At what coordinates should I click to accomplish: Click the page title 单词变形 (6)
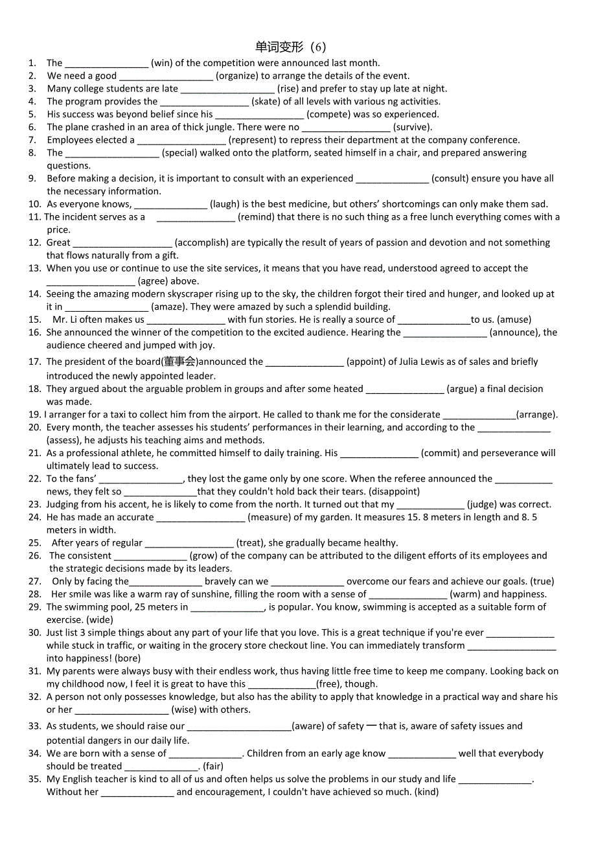[291, 47]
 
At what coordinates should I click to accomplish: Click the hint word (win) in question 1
[162, 63]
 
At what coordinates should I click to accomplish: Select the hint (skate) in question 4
[266, 101]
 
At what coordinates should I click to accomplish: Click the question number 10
[34, 204]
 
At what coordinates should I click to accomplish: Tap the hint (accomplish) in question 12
[201, 242]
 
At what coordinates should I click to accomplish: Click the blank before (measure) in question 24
[201, 518]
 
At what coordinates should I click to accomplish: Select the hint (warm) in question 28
[465, 594]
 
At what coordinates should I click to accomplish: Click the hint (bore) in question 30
[127, 658]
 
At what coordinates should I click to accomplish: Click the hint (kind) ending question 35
[426, 792]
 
